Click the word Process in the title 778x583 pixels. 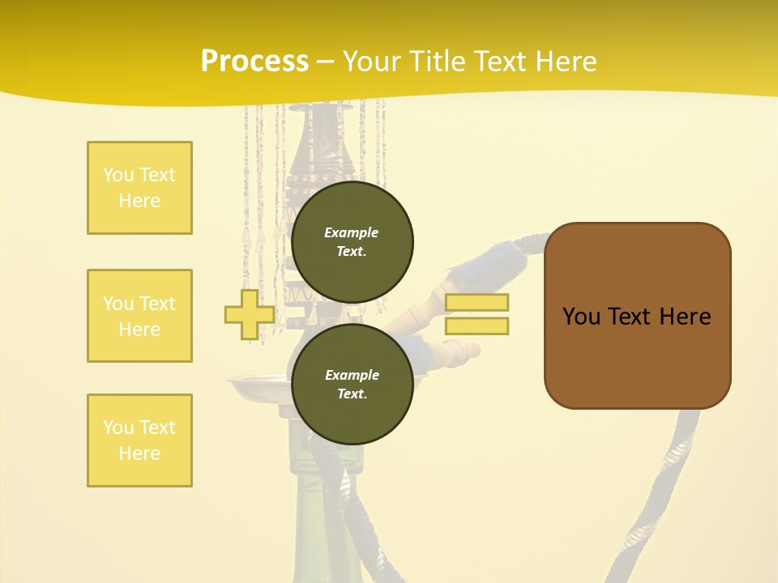point(254,62)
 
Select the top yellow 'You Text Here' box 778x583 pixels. point(139,188)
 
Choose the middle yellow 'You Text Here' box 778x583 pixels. point(139,316)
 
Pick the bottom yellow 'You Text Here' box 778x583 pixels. point(139,440)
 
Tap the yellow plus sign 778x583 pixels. point(249,314)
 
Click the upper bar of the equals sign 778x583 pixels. point(477,302)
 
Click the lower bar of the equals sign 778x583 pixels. point(477,326)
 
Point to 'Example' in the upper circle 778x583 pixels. point(352,232)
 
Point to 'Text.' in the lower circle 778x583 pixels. point(352,394)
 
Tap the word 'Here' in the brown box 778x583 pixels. point(685,317)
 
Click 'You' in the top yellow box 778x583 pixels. point(118,175)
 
